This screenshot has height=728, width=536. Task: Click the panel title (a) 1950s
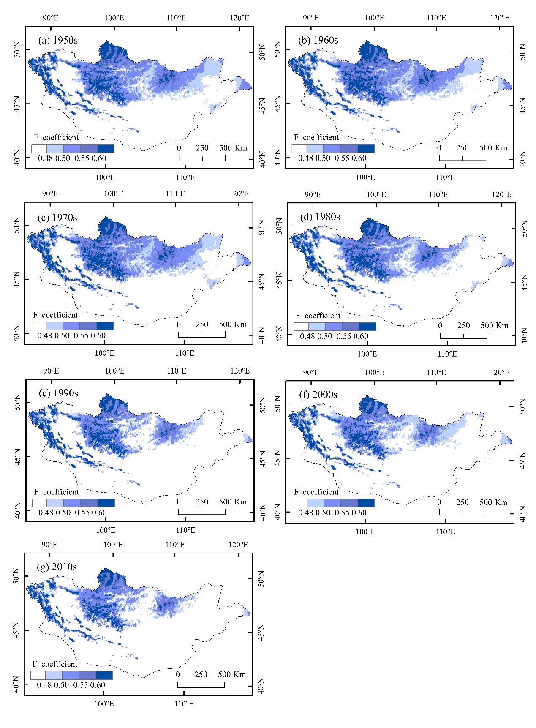(58, 40)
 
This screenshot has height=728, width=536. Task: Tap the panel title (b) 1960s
(318, 40)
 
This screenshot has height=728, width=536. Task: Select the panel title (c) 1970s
(57, 218)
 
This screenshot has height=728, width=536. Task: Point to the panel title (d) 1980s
(320, 217)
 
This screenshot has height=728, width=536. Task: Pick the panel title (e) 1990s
(58, 393)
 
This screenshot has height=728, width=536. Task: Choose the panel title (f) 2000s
(318, 395)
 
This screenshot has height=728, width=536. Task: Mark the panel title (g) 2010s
(57, 567)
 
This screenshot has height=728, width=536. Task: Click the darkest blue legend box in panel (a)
(106, 148)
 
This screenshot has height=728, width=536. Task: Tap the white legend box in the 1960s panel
(299, 148)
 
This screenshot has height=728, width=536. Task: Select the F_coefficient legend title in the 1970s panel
(55, 315)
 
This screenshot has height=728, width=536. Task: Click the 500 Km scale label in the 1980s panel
(494, 325)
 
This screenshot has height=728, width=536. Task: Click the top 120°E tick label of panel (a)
(239, 18)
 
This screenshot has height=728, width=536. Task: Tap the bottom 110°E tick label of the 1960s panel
(445, 177)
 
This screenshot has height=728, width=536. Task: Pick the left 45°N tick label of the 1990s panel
(17, 457)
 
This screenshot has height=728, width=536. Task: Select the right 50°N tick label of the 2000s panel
(522, 406)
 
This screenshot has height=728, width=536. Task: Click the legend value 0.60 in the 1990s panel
(99, 513)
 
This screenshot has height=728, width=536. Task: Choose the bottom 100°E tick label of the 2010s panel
(104, 703)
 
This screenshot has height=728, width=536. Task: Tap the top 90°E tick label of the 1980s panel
(313, 194)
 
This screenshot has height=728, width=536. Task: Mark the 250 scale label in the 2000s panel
(462, 502)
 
